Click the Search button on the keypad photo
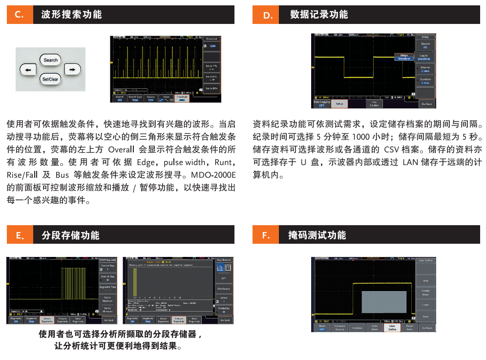pos(50,60)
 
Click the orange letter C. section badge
pos(20,15)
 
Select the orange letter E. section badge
pos(20,235)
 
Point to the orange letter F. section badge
pos(266,235)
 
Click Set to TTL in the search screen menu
pos(211,67)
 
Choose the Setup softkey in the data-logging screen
pos(339,104)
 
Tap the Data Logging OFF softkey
pos(321,104)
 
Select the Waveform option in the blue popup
pos(404,58)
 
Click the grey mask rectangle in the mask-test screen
pos(384,302)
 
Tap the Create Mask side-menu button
pos(425,293)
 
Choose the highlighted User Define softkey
pos(392,327)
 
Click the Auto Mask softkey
pos(375,327)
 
